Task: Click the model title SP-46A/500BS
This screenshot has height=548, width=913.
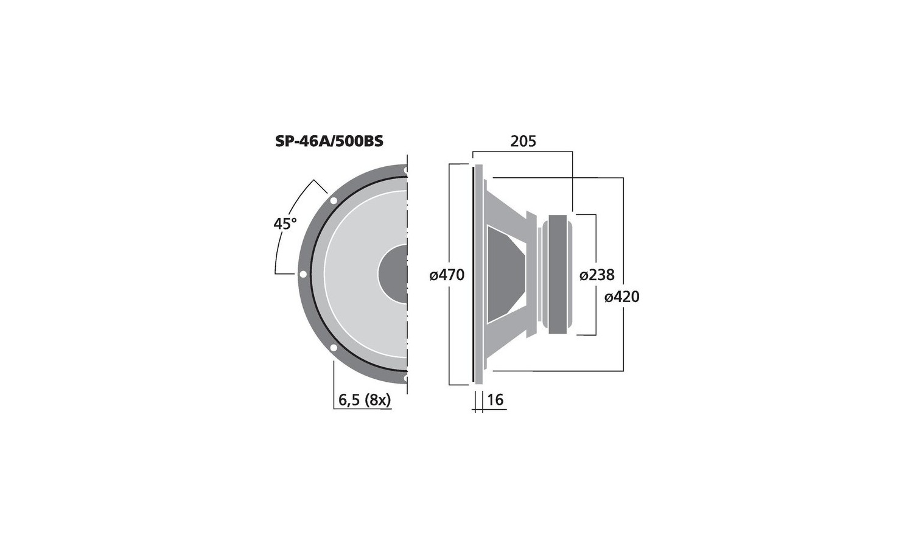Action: click(329, 141)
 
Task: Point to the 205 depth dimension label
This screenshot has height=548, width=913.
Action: click(523, 141)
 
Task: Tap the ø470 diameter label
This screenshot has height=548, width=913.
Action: click(447, 275)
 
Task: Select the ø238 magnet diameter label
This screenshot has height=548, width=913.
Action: click(596, 275)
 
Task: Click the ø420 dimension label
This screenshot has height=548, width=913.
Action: click(621, 297)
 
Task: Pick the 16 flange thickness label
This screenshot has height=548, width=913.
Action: click(495, 399)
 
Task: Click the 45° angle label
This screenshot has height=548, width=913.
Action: click(285, 223)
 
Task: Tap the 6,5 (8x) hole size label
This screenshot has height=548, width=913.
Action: click(365, 401)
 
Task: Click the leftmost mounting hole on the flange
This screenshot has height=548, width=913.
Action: click(303, 274)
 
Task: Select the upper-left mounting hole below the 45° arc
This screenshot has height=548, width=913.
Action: click(334, 200)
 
